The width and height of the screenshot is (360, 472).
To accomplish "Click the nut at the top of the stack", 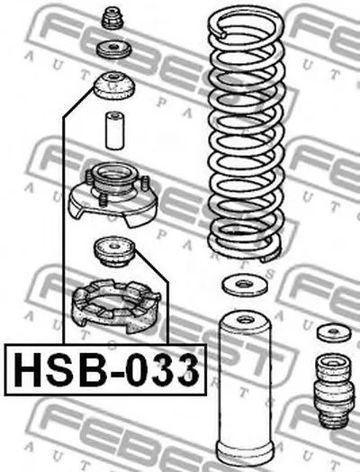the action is tap(113, 18).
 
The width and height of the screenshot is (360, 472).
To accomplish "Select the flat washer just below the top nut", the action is tap(113, 49).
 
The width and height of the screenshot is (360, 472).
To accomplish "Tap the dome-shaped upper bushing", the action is tap(114, 86).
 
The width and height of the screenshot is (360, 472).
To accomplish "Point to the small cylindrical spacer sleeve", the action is tap(114, 131).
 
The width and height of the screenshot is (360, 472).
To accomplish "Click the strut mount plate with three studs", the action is tap(112, 195).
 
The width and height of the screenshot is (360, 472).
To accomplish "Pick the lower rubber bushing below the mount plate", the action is tap(114, 251).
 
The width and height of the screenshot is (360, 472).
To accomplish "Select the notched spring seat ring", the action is tap(116, 306).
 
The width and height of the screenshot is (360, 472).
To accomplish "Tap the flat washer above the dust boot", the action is tap(245, 285).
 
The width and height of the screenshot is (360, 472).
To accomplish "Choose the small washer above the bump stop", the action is tap(334, 332).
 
